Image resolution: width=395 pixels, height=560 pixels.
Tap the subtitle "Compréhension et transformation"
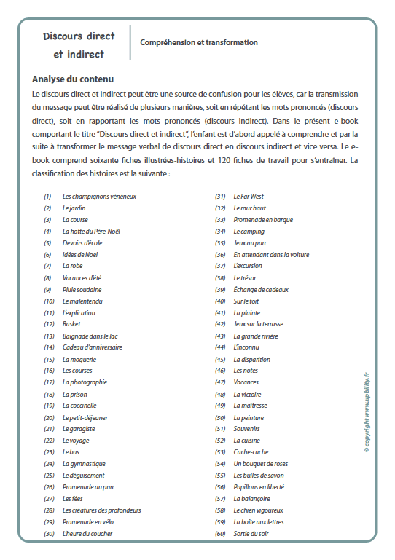click(x=199, y=43)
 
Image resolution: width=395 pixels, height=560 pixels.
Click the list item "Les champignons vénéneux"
click(x=99, y=197)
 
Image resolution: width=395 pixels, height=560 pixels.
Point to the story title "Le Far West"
click(x=249, y=197)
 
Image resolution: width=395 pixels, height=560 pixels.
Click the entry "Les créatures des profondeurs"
click(x=102, y=510)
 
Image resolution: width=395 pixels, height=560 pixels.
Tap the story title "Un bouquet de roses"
click(x=260, y=464)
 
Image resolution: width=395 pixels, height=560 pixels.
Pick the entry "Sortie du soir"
click(x=251, y=534)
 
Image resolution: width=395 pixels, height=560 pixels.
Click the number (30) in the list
click(x=49, y=534)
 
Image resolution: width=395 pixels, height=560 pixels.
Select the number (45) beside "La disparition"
click(x=219, y=359)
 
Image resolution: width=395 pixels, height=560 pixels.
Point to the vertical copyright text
click(x=367, y=412)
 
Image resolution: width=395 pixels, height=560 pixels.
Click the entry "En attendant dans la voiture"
click(x=271, y=255)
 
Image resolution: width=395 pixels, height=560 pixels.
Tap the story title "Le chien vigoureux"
click(x=258, y=510)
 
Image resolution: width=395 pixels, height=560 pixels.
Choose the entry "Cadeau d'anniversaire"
click(x=92, y=347)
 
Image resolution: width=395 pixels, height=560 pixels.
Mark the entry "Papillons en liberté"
click(x=259, y=487)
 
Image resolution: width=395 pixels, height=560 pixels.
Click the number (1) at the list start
click(x=47, y=197)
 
